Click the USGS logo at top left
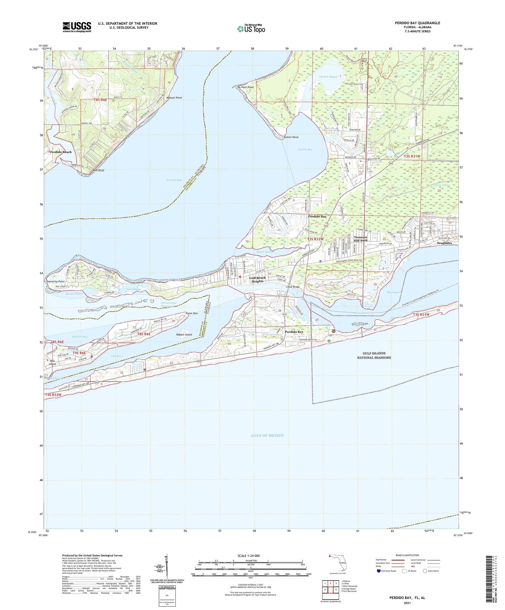point(77,27)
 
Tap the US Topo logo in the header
point(251,29)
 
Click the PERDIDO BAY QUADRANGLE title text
point(417,23)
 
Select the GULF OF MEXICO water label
point(267,435)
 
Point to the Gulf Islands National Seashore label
point(374,356)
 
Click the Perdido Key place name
point(294,332)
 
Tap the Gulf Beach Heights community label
point(258,279)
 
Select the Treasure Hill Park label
point(361,239)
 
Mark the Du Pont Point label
point(245,87)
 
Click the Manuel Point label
point(174,98)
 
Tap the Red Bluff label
point(99,170)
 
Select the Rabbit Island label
point(184,334)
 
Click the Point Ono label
point(192,313)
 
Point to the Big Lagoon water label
point(394,292)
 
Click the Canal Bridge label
point(293,287)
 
